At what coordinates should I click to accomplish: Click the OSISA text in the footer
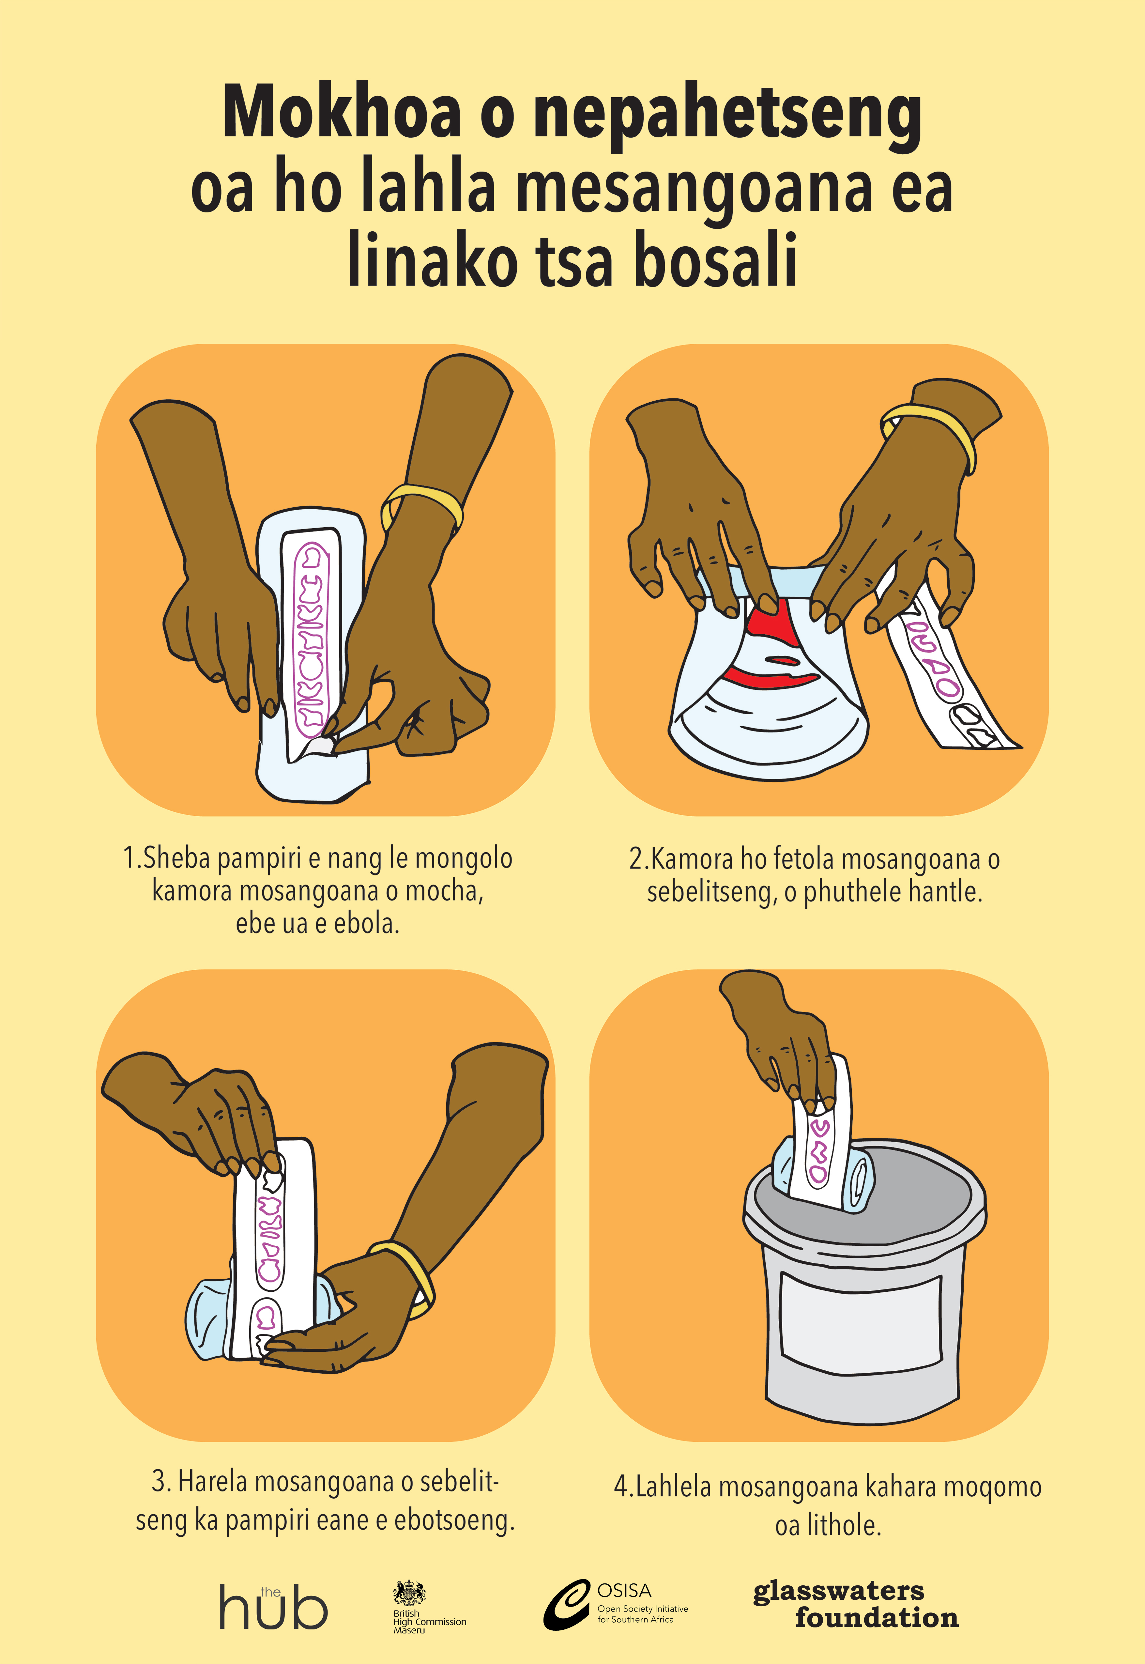pos(624,1590)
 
